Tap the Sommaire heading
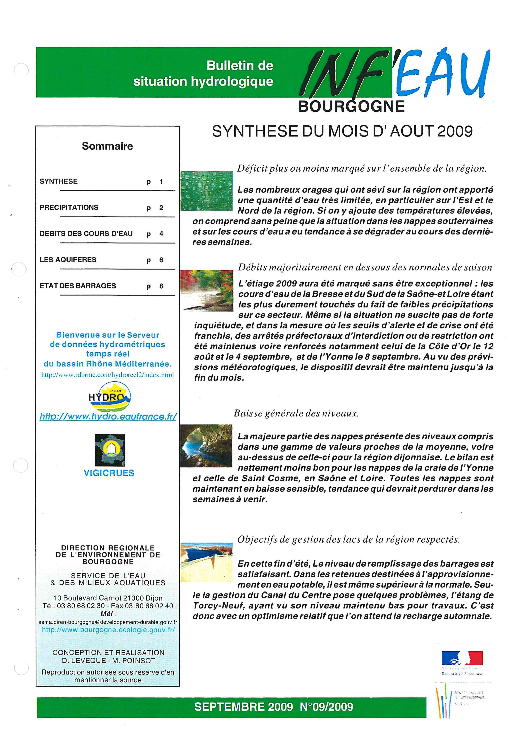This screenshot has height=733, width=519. coord(107,146)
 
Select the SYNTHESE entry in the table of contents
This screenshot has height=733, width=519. coord(59,181)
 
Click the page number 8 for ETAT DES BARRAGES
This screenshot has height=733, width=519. coord(161,286)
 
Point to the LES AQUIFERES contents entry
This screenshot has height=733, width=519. coord(68,260)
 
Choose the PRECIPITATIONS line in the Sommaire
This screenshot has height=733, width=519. coord(69,208)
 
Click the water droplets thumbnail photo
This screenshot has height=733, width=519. coord(207,191)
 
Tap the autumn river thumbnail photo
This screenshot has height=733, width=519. coord(207,290)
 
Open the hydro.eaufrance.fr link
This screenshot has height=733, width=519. coord(108,416)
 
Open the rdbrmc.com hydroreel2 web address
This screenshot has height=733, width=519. coord(108,375)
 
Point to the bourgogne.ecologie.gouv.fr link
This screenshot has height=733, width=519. coord(108,630)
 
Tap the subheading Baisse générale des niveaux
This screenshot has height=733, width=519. coord(296,413)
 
